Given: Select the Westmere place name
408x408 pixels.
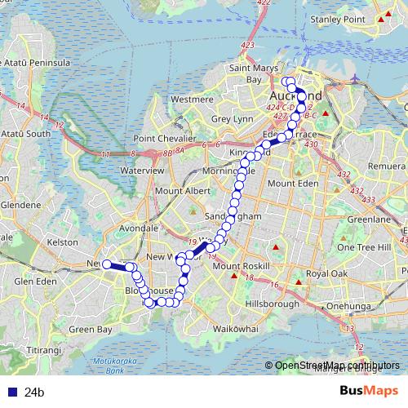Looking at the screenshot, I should click(192, 99).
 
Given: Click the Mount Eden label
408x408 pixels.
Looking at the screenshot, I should click(291, 184).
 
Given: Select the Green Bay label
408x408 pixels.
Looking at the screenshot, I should click(91, 330).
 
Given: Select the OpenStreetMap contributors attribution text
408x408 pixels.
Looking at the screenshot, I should click(336, 366).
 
